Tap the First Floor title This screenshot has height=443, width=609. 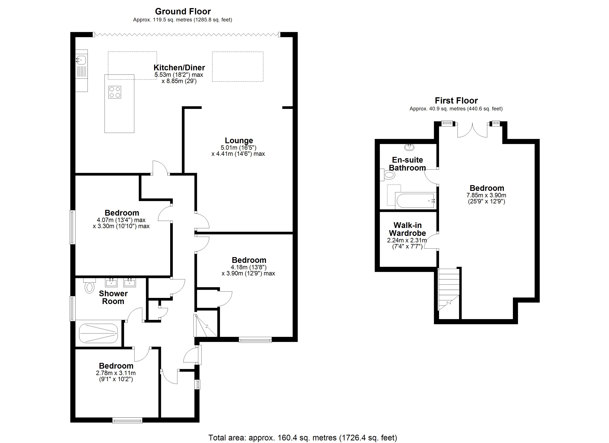point(456,101)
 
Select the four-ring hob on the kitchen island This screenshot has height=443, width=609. point(115,92)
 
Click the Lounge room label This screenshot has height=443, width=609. point(239,140)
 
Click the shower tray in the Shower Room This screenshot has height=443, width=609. point(98,333)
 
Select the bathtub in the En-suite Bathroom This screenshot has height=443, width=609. point(415,201)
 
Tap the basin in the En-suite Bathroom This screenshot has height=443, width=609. point(409,147)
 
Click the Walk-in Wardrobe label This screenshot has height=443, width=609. point(407,229)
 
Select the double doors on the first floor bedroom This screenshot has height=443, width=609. point(472,130)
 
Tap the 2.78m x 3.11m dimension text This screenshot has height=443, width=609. point(116,373)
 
